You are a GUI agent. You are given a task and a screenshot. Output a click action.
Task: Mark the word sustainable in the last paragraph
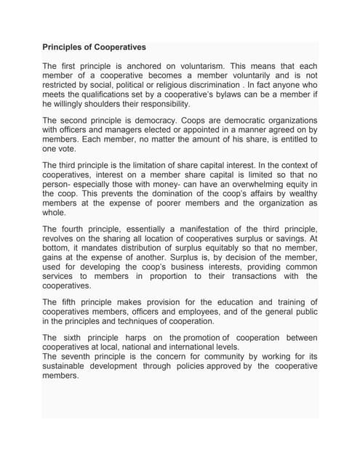point(68,366)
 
